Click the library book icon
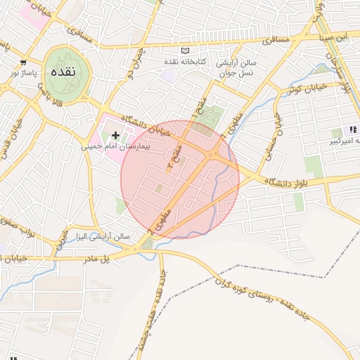tap(186, 51)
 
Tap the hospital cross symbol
tap(116, 134)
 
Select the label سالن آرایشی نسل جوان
tap(237, 68)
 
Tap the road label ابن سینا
tap(332, 36)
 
